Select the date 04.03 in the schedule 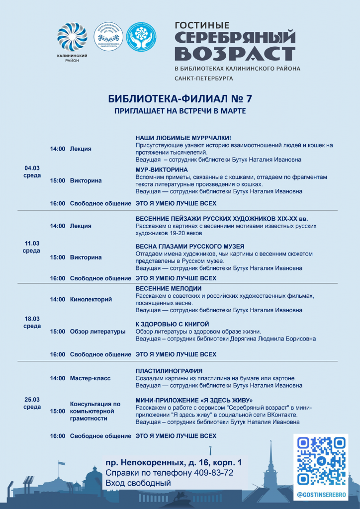point(32,168)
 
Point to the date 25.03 point(32,399)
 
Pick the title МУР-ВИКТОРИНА point(162,170)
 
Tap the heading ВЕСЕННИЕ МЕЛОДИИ point(169,288)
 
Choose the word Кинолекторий point(91,299)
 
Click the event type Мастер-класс point(90,378)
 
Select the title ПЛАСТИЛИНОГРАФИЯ point(169,371)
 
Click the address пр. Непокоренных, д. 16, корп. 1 point(174,462)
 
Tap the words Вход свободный point(138,483)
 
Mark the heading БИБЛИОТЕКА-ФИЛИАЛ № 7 point(180,98)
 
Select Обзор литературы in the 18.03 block point(97,331)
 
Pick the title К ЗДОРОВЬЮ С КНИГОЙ point(169,324)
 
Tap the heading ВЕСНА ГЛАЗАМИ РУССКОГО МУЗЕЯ point(190,246)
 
